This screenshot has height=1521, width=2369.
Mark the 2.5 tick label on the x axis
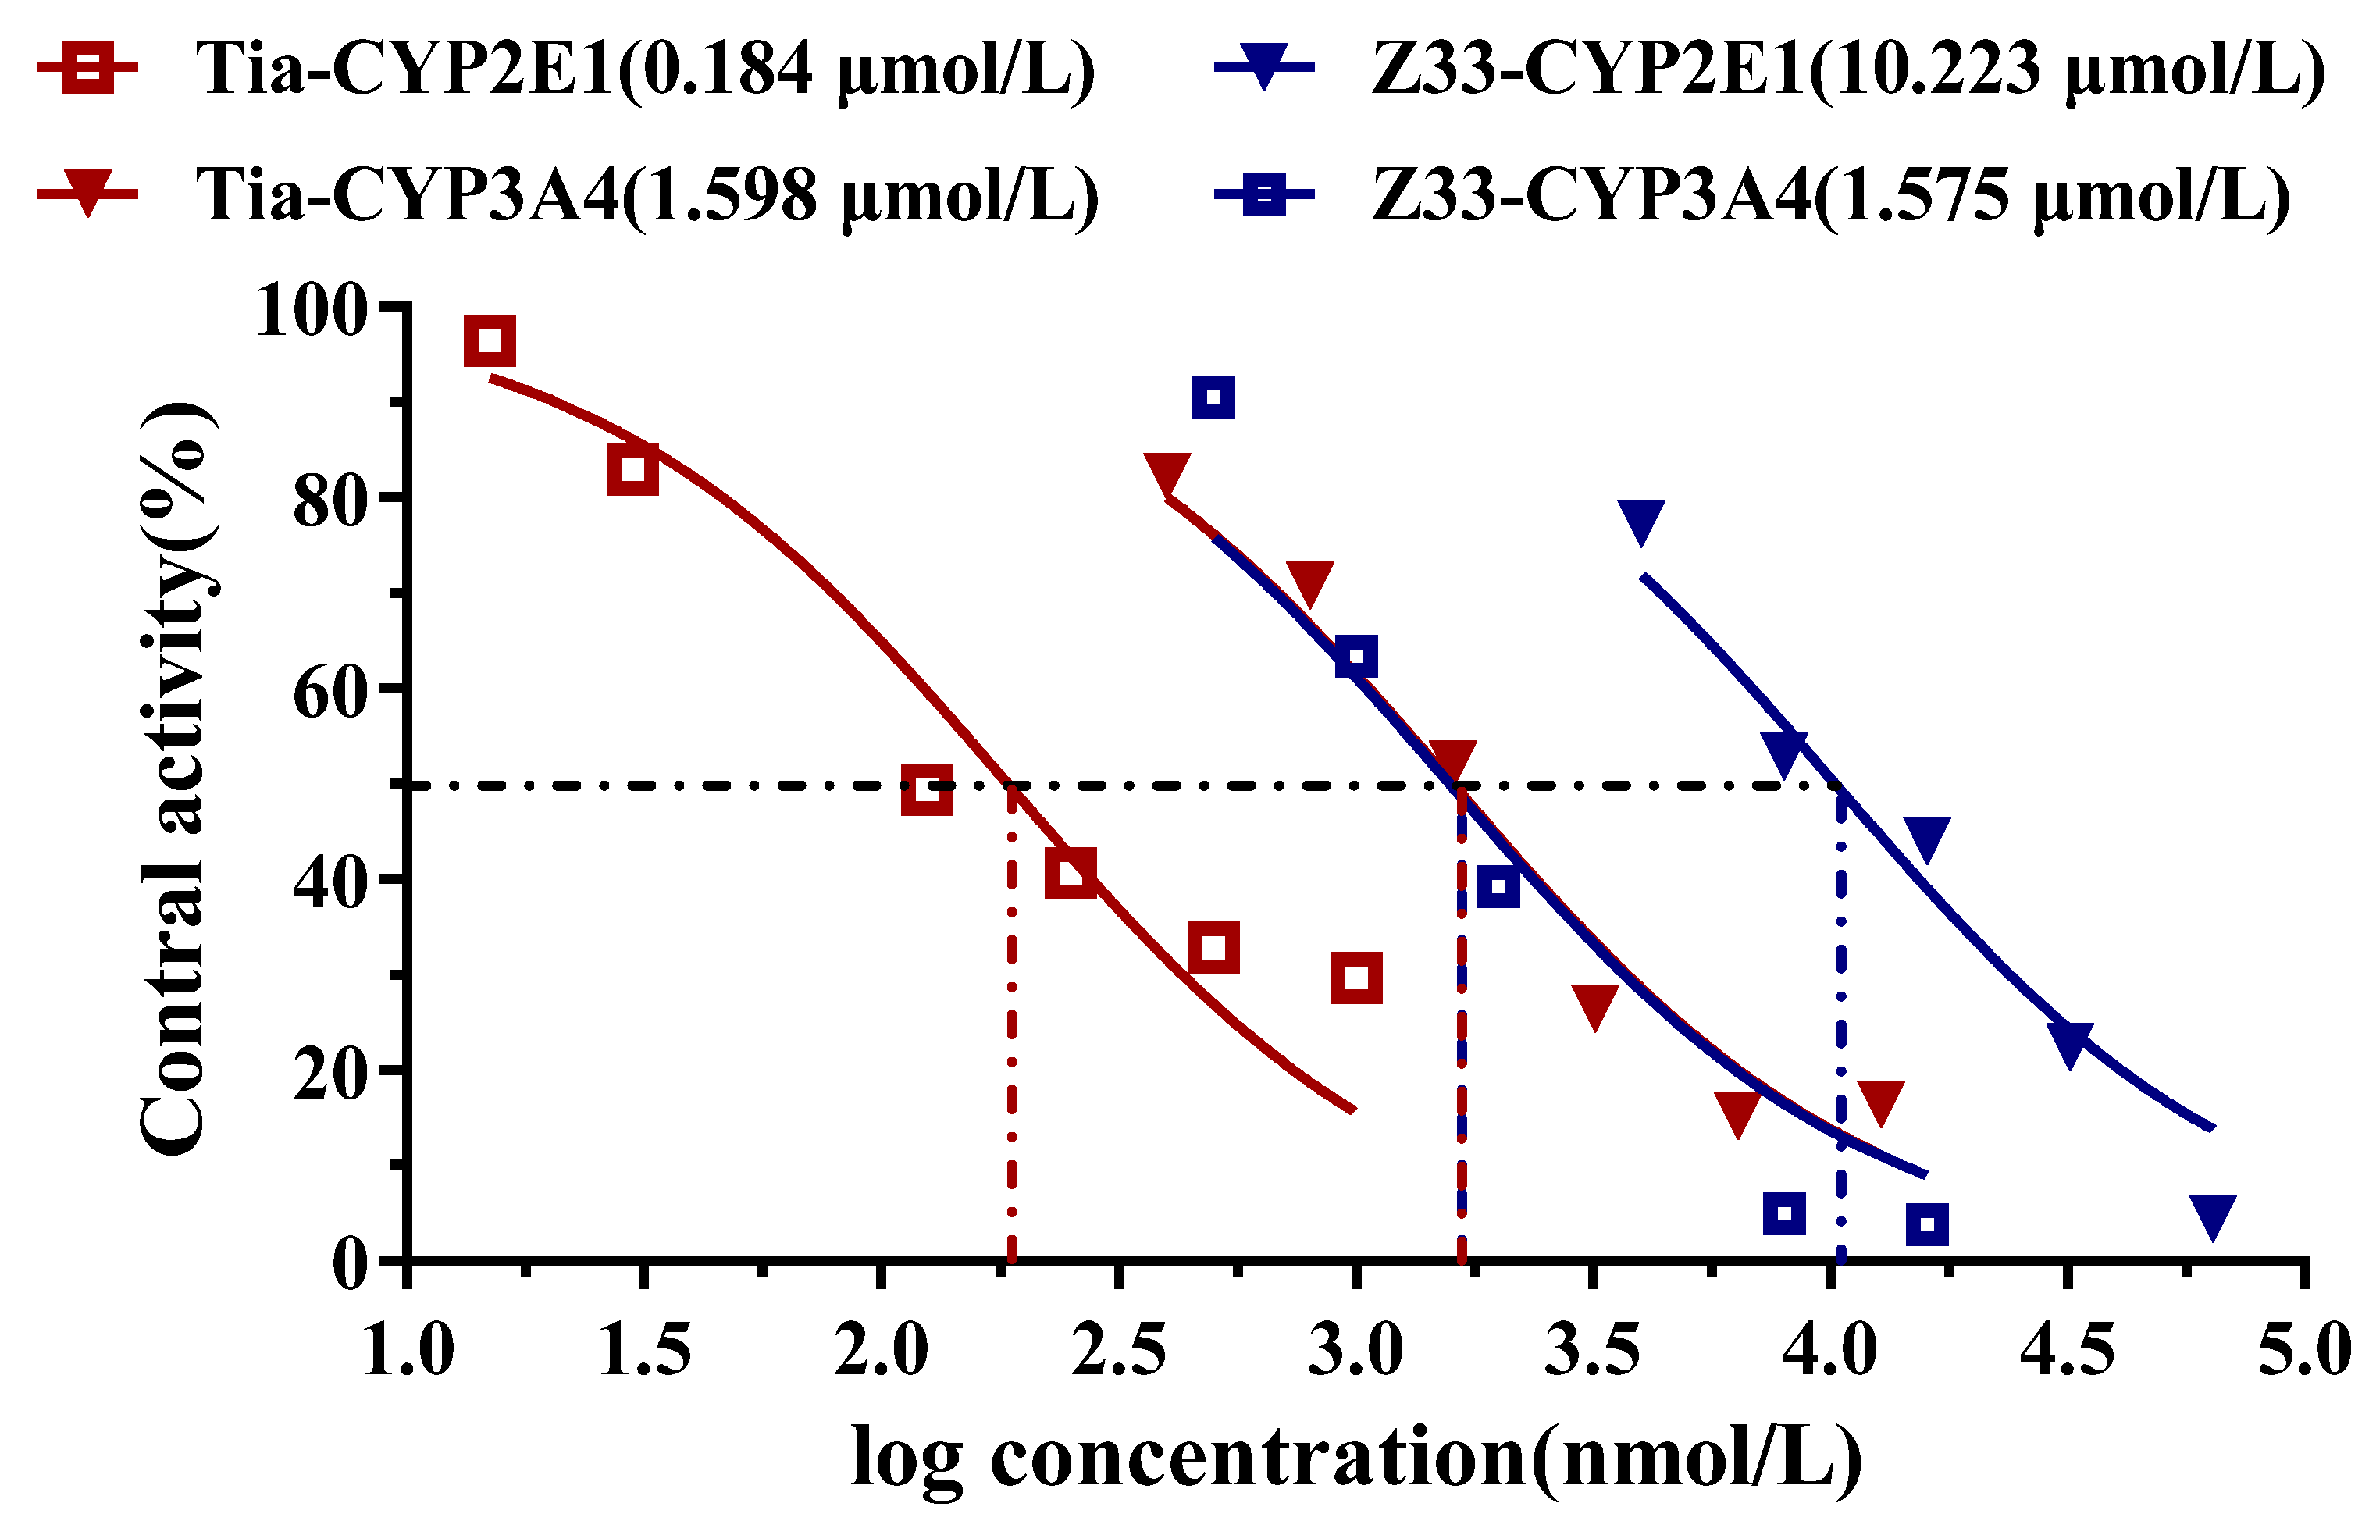pos(1118,1351)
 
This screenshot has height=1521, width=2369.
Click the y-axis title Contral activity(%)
pos(176,779)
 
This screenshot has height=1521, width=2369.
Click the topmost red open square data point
pos(490,342)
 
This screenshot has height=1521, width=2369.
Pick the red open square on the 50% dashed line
pos(926,790)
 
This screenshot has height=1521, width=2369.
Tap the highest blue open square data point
pos(1213,398)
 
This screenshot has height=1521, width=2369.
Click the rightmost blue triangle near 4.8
pos(2212,1215)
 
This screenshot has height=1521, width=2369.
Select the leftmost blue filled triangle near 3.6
pos(1641,519)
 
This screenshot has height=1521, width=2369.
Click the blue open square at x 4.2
pos(1926,1226)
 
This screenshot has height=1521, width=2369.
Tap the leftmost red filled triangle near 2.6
pos(1167,474)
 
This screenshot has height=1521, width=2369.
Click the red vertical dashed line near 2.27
pos(1012,1037)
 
